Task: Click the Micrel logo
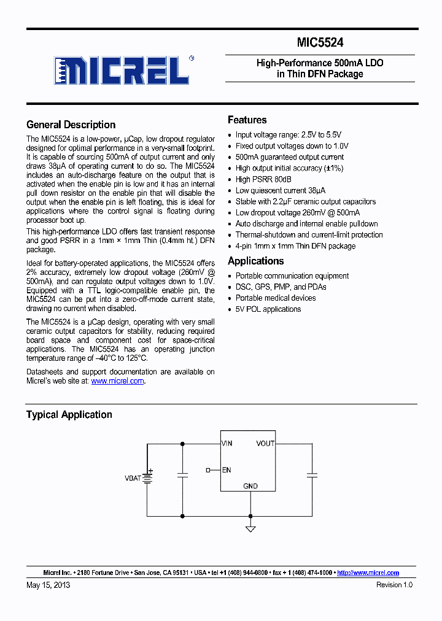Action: click(122, 70)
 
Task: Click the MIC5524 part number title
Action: click(320, 42)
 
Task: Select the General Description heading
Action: click(71, 125)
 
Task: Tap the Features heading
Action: click(247, 120)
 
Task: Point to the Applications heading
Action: click(255, 261)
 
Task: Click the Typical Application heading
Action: click(69, 415)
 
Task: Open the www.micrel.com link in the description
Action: click(117, 381)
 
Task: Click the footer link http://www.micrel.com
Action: click(368, 573)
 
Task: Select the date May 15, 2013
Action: click(48, 585)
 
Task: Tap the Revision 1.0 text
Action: click(394, 585)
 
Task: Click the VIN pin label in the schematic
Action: click(227, 443)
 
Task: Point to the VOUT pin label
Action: click(265, 443)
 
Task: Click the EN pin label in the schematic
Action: click(227, 470)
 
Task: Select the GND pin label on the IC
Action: click(250, 486)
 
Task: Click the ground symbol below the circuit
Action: click(250, 528)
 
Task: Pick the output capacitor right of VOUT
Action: click(312, 475)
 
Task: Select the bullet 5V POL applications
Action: click(268, 309)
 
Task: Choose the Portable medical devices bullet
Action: click(276, 298)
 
